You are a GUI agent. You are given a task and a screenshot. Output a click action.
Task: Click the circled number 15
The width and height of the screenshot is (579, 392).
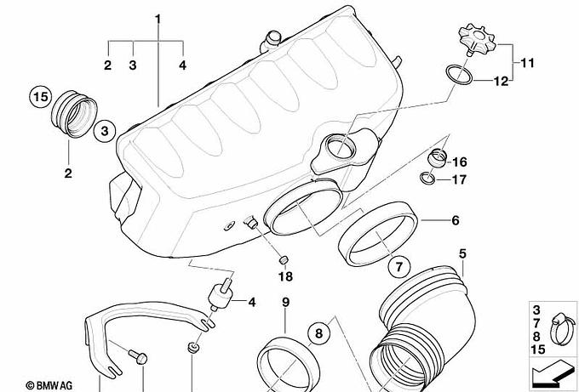pos(41,97)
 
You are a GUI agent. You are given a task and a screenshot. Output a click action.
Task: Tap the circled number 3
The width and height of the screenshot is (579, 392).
pos(105,131)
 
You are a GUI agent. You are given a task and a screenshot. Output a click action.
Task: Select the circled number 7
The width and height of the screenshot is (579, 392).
pos(398,266)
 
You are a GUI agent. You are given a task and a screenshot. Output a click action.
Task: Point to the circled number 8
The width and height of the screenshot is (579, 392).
pos(318,333)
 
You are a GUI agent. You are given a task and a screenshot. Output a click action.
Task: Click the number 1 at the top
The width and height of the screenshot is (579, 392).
pos(158,19)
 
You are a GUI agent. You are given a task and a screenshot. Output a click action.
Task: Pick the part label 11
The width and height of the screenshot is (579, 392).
pos(528,63)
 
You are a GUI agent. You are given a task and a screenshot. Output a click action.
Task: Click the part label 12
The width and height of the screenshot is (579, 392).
pos(502,81)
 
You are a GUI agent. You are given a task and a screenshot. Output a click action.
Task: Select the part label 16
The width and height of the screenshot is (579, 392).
pos(459,162)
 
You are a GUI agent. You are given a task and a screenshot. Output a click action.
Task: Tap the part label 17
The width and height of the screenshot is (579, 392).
pos(459,179)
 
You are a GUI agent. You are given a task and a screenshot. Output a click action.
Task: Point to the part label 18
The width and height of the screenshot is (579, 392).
pos(285,276)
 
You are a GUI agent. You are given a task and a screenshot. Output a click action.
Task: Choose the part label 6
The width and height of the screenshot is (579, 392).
pos(456,220)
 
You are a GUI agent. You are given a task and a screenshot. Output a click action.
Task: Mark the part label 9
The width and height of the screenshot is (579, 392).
pos(286,303)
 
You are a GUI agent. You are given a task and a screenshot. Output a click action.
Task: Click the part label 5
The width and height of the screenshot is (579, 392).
pos(462,253)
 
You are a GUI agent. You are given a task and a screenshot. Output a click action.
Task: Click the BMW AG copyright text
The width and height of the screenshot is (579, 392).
pos(49,385)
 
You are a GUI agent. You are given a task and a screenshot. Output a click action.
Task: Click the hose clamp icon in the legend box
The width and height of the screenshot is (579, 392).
pos(562,329)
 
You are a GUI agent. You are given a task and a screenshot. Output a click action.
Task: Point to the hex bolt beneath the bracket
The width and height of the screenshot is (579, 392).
pos(139,356)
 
